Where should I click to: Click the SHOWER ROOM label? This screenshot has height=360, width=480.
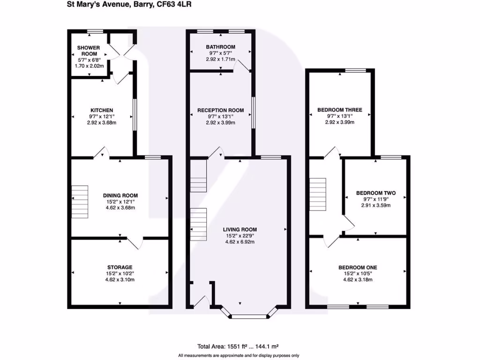click(89, 51)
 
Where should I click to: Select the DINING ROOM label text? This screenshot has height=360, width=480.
click(120, 195)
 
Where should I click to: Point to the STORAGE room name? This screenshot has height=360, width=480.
click(120, 267)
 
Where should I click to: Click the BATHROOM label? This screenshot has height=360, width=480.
click(220, 47)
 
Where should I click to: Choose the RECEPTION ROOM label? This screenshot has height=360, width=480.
click(220, 110)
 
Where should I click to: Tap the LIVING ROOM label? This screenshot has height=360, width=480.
click(240, 230)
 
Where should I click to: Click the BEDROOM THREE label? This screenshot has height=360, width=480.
click(339, 110)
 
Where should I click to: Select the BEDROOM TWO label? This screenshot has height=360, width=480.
click(375, 193)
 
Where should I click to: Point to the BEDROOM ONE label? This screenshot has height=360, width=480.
click(358, 268)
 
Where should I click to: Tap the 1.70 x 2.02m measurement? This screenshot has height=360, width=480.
click(89, 66)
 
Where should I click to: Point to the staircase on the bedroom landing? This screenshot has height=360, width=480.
click(318, 195)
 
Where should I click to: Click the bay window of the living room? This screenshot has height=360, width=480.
click(249, 316)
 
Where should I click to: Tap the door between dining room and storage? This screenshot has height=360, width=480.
click(135, 242)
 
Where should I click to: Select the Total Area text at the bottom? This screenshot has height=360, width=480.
click(238, 347)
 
